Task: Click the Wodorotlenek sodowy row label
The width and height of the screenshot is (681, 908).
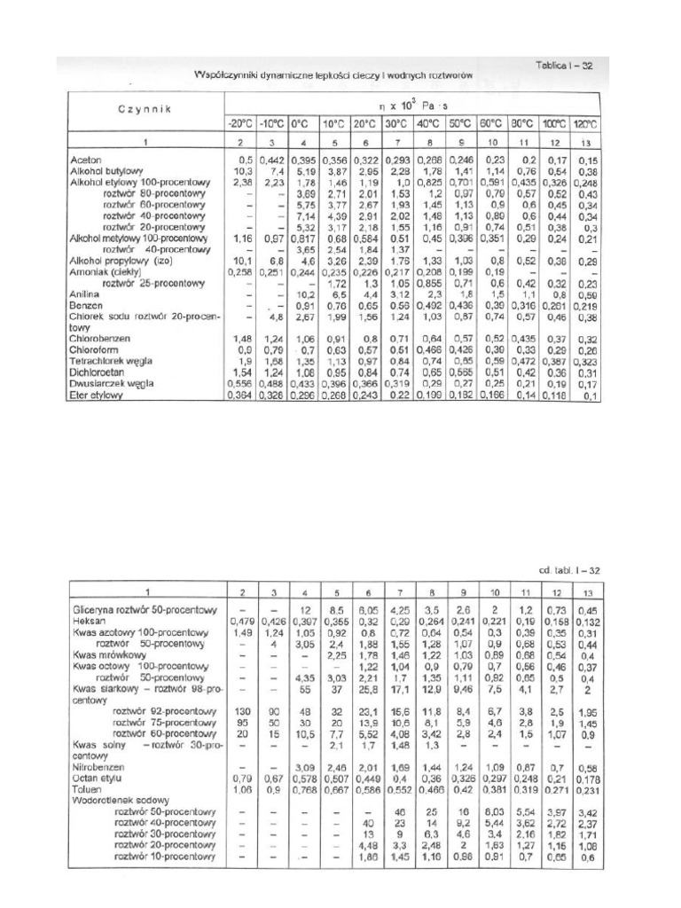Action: pyautogui.click(x=116, y=798)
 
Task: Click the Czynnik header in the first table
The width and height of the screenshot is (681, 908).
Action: pyautogui.click(x=143, y=109)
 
